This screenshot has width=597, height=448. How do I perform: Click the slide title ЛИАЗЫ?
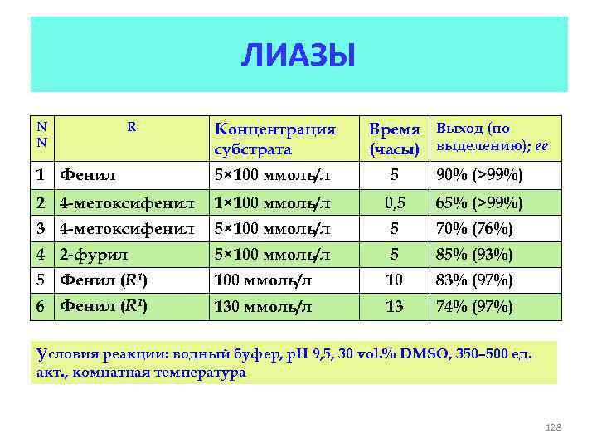tap(298, 56)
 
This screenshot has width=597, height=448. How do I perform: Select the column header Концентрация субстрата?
tap(274, 139)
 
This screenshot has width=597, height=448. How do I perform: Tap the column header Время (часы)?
tap(396, 139)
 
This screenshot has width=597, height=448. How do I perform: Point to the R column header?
tap(131, 128)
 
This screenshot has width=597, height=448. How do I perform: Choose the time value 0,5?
tap(395, 202)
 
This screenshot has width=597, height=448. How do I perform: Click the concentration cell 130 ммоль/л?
tap(263, 307)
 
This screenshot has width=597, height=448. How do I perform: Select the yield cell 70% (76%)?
tap(475, 228)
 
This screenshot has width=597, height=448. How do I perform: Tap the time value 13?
tap(395, 307)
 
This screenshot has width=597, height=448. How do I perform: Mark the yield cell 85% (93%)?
tap(475, 255)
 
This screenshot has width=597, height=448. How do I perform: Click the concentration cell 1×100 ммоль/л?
tap(271, 202)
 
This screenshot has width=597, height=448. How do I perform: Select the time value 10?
tap(395, 280)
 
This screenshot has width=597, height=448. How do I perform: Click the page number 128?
tap(553, 427)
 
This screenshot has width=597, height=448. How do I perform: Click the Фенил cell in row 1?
tap(87, 175)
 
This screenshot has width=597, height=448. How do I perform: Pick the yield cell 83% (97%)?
tap(475, 280)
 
